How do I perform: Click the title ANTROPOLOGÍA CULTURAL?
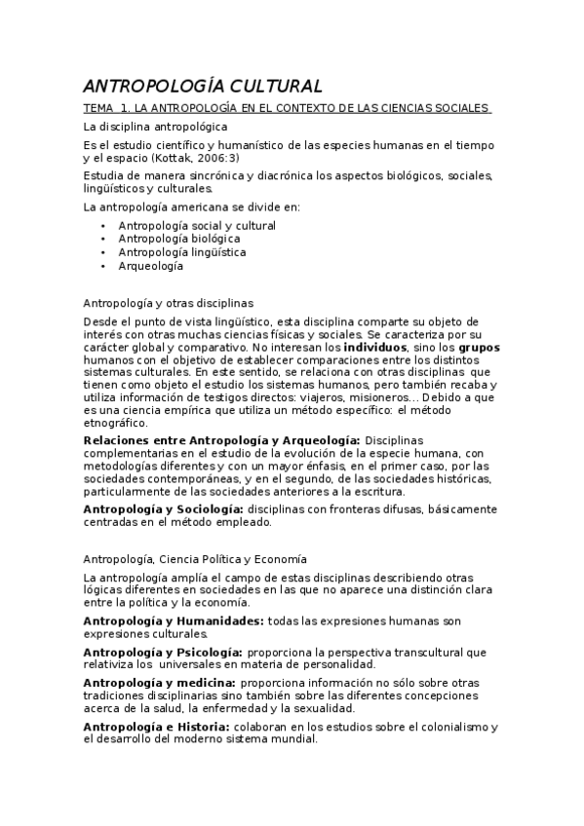coord(203,86)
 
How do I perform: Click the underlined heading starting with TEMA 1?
coord(287,108)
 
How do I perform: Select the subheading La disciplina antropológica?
coord(156,128)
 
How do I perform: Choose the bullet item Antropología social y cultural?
coord(197,225)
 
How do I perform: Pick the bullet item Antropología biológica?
coord(178,239)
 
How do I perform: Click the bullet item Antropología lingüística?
coord(182,252)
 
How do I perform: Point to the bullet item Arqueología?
coord(150,266)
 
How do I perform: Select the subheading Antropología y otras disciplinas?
coord(169,304)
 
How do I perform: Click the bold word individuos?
coord(375,346)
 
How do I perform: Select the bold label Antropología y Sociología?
coord(163,508)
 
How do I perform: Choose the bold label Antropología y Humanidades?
coord(174,620)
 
